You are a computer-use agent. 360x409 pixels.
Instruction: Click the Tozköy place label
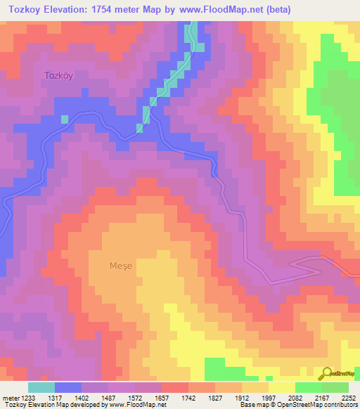pos(58,74)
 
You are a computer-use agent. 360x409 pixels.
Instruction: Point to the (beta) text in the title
pos(269,9)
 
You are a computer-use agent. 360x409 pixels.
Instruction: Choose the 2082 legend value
pos(304,398)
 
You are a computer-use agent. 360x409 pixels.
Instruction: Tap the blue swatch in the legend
pos(68,387)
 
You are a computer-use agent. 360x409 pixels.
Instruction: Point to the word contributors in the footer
pos(341,405)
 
